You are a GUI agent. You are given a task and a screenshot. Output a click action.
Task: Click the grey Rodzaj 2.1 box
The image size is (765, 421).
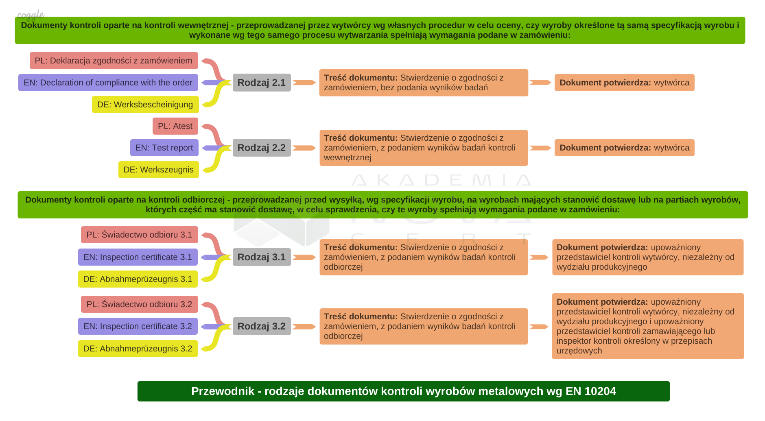click(x=262, y=83)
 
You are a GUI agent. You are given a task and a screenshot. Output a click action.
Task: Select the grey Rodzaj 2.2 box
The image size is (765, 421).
click(x=262, y=148)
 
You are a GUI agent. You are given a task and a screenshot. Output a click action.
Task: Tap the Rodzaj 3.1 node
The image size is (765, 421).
click(x=262, y=257)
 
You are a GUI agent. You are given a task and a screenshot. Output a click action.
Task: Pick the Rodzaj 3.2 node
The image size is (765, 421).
click(x=262, y=326)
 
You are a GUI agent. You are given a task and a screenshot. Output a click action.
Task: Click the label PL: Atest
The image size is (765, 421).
click(x=175, y=126)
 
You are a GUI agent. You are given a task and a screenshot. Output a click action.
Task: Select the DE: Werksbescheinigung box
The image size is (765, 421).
click(x=145, y=105)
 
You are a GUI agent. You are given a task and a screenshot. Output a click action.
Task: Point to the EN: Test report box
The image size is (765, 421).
click(x=164, y=148)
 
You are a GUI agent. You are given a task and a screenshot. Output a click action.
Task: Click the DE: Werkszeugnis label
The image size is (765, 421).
click(x=159, y=170)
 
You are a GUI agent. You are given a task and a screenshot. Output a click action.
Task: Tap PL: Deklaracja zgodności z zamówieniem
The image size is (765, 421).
click(x=114, y=61)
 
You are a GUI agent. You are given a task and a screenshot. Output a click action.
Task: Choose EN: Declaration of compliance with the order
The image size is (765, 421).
click(x=108, y=83)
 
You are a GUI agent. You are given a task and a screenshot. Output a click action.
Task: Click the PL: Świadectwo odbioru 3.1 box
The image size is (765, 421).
click(x=139, y=235)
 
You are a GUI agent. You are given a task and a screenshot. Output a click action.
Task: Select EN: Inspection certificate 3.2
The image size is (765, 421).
click(x=138, y=326)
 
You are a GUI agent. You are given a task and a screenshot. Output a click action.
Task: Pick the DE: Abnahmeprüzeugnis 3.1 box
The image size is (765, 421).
click(x=138, y=279)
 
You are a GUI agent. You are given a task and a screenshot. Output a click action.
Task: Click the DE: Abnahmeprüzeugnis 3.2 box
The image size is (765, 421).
click(x=138, y=349)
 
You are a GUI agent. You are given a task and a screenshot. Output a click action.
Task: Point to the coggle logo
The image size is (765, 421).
click(x=31, y=15)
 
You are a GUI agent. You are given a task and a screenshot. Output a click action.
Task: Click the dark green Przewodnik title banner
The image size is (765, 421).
click(x=403, y=391)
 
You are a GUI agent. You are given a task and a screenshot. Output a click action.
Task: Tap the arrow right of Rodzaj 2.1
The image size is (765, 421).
click(x=304, y=83)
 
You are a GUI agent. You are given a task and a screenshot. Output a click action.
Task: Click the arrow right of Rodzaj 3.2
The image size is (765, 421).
click(x=304, y=327)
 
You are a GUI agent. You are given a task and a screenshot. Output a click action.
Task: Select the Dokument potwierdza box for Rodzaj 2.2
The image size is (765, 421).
click(x=624, y=148)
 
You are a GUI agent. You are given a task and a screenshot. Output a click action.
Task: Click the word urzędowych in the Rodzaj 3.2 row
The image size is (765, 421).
click(x=579, y=351)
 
